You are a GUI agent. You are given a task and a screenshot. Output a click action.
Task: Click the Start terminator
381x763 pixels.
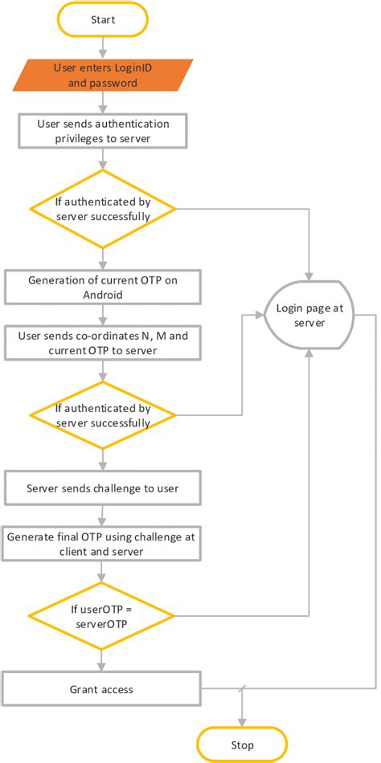click(x=102, y=19)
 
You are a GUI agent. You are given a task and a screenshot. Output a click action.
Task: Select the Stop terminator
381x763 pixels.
click(x=242, y=744)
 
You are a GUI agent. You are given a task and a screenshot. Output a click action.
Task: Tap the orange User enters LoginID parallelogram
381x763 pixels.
click(x=102, y=75)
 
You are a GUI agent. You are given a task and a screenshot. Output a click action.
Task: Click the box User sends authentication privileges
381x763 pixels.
click(x=102, y=131)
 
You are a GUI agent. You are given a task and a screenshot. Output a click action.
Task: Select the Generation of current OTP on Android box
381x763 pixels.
click(x=102, y=287)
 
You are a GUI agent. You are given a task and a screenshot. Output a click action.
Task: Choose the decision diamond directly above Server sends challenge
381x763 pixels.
click(x=102, y=415)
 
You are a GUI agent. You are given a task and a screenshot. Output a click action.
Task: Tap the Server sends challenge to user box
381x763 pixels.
click(x=102, y=488)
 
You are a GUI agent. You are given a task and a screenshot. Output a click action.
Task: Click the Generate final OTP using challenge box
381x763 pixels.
click(x=102, y=544)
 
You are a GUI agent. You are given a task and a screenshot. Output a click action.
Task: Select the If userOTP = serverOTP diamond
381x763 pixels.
click(x=102, y=617)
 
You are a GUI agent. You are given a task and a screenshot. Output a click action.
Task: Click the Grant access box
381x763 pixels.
click(x=102, y=688)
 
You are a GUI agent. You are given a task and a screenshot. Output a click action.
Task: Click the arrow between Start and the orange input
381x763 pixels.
click(x=102, y=47)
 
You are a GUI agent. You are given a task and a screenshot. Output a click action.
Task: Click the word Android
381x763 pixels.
click(x=102, y=294)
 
